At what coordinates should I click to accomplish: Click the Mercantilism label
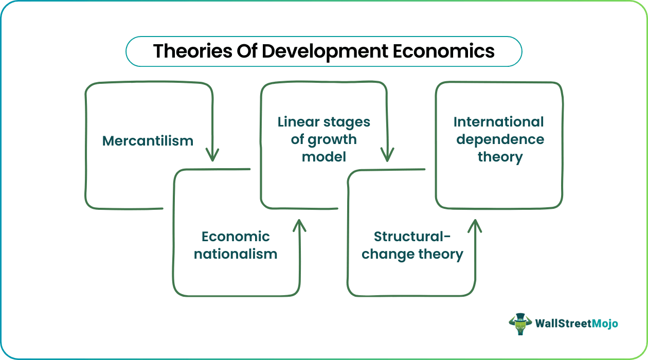tap(148, 140)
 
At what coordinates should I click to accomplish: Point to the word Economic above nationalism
tap(236, 236)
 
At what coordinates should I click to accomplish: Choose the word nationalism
tap(236, 254)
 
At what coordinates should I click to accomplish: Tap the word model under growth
tap(324, 156)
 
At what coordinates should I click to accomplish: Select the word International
tap(498, 122)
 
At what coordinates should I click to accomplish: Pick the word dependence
tap(500, 139)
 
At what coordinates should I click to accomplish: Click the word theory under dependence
tap(500, 156)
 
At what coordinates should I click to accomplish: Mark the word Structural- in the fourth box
tap(412, 236)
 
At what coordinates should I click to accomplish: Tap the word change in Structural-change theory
tap(384, 254)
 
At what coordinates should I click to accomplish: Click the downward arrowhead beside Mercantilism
tap(212, 154)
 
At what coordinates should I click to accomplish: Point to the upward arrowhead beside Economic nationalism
tap(299, 225)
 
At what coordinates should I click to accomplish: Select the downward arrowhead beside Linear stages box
tap(387, 154)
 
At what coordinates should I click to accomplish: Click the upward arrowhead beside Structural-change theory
tap(474, 225)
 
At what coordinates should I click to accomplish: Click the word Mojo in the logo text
tap(604, 323)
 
